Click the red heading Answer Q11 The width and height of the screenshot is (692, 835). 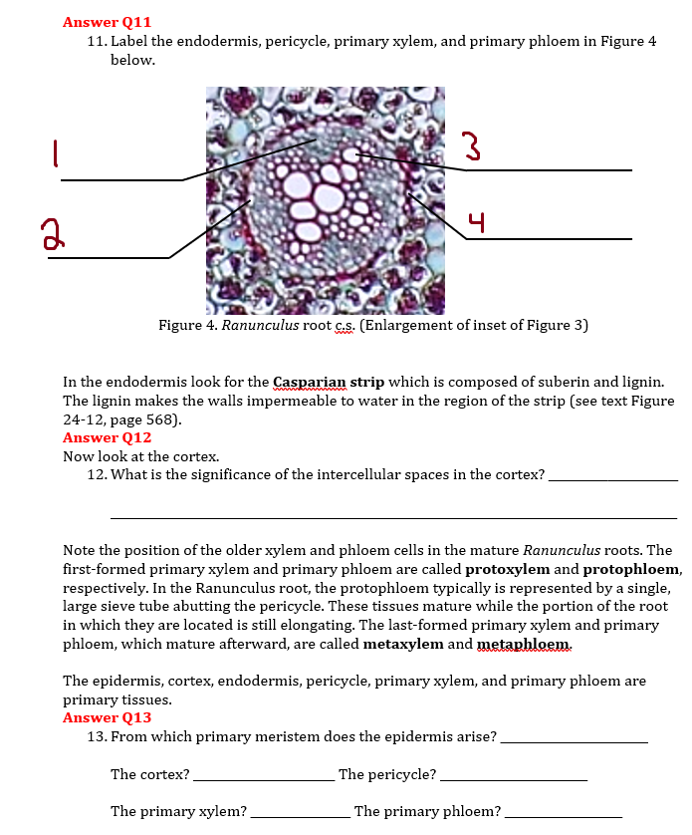tap(107, 22)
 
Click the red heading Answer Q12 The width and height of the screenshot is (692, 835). tap(107, 437)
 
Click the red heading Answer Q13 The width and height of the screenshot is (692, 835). tap(107, 717)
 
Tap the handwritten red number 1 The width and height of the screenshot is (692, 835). tap(57, 152)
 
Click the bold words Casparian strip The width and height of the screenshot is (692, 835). tap(329, 382)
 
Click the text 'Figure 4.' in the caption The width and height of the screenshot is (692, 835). tap(187, 325)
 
